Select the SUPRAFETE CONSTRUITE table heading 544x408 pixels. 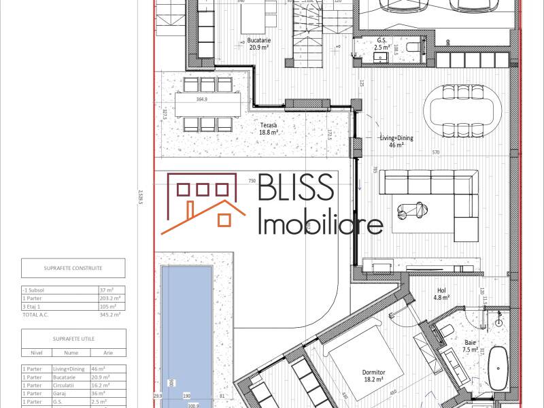click(x=73, y=268)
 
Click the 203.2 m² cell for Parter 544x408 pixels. click(x=111, y=298)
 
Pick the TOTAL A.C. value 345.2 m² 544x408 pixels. click(x=110, y=314)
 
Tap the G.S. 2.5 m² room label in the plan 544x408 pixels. click(x=384, y=44)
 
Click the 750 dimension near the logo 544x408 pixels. click(x=252, y=181)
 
